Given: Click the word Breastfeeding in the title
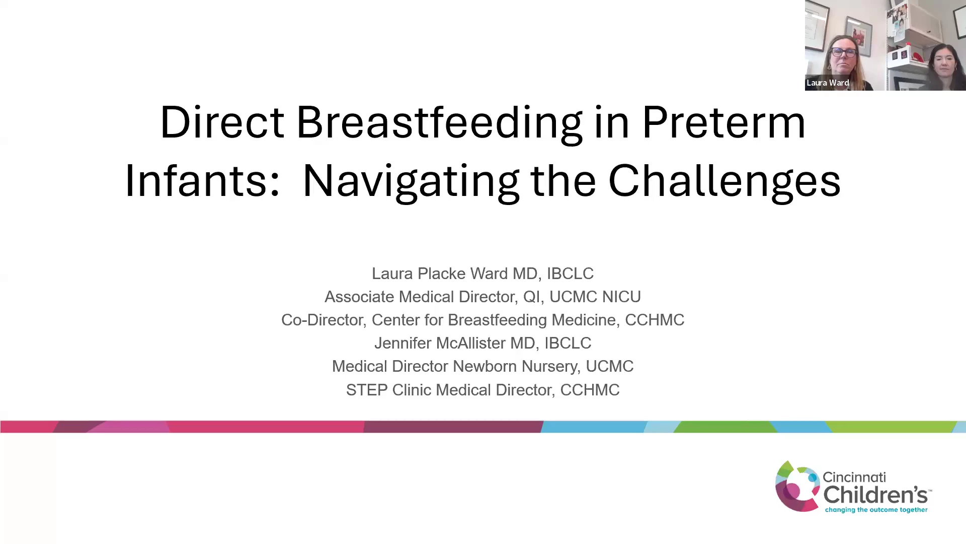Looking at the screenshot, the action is point(439,122).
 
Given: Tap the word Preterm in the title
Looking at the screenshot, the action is point(724,122).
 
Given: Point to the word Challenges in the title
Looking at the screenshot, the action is point(725,182).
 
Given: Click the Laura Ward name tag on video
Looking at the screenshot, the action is point(828,83).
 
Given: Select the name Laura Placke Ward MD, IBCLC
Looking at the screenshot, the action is point(482,274).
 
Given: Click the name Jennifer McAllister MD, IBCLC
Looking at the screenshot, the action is point(482,343).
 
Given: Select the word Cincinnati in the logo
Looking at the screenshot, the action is point(854,477).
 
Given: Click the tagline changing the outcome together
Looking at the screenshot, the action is point(876,510).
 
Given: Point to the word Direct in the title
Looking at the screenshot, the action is point(222,122).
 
